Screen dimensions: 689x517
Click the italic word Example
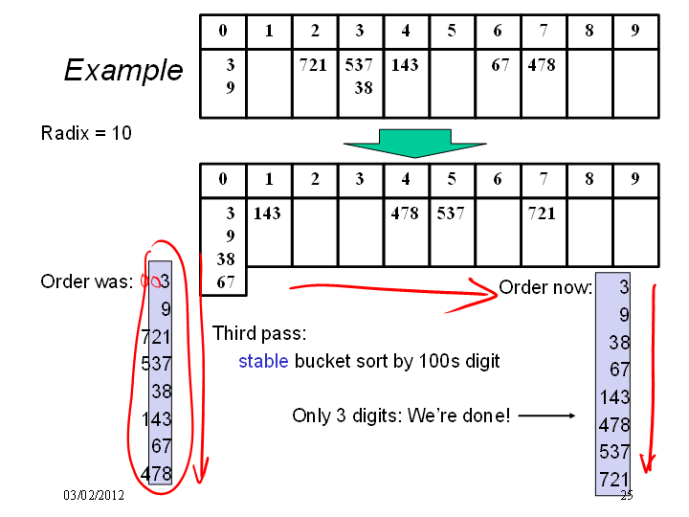[x=123, y=70]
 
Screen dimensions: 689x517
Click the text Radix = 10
[x=86, y=133]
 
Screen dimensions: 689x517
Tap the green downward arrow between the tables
[x=414, y=144]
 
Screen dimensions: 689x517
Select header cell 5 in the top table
[x=452, y=32]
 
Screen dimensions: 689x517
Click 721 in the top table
[x=313, y=65]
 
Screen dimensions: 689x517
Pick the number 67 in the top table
[x=500, y=65]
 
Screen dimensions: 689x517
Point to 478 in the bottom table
[x=405, y=214]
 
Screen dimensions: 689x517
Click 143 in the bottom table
[x=267, y=214]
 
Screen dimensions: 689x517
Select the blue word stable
[x=263, y=361]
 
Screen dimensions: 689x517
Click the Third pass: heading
[x=259, y=333]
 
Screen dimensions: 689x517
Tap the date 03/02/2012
[x=94, y=495]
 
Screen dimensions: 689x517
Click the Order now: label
[x=545, y=287]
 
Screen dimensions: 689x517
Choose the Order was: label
[x=86, y=281]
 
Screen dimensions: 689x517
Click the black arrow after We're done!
[x=546, y=416]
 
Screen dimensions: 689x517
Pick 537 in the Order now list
[x=614, y=452]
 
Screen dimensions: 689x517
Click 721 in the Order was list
[x=156, y=337]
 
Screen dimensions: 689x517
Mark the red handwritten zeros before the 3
[x=150, y=281]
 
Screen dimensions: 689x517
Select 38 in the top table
[x=364, y=88]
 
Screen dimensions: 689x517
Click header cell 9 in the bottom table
[x=635, y=179]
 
